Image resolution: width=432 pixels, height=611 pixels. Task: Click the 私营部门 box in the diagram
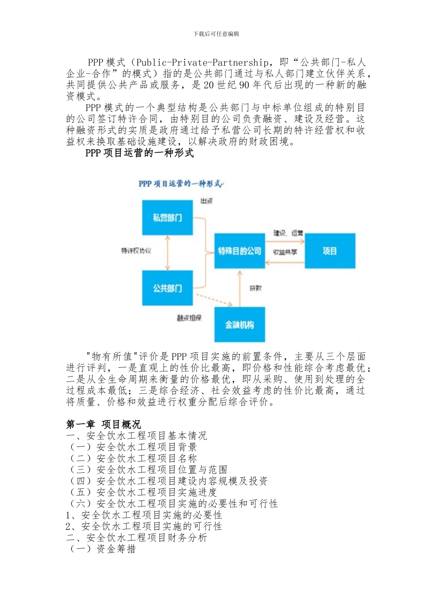coord(167,217)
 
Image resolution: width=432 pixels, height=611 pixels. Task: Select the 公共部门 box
coord(167,288)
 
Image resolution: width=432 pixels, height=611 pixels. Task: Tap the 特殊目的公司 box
coord(240,250)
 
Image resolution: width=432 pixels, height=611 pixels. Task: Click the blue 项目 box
coord(330,250)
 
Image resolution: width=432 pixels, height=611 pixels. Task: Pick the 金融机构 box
coord(240,325)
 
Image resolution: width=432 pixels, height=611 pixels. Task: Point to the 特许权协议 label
coord(136,250)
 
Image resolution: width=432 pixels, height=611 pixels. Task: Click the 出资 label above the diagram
coord(207,201)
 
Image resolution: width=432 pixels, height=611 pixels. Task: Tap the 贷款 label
coord(256,288)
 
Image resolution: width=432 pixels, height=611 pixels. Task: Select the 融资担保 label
coord(189,318)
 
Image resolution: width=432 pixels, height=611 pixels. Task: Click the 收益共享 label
coord(285,252)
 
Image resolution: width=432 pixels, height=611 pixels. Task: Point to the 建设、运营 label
coord(288,233)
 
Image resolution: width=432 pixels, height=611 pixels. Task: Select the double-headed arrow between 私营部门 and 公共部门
coord(168,253)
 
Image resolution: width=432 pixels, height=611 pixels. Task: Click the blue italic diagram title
coord(181,184)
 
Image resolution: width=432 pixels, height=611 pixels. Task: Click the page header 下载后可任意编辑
coord(216,34)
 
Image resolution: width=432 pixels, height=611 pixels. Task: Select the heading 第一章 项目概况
coord(103,424)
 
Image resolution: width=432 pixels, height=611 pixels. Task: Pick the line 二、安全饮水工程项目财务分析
coord(136,537)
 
